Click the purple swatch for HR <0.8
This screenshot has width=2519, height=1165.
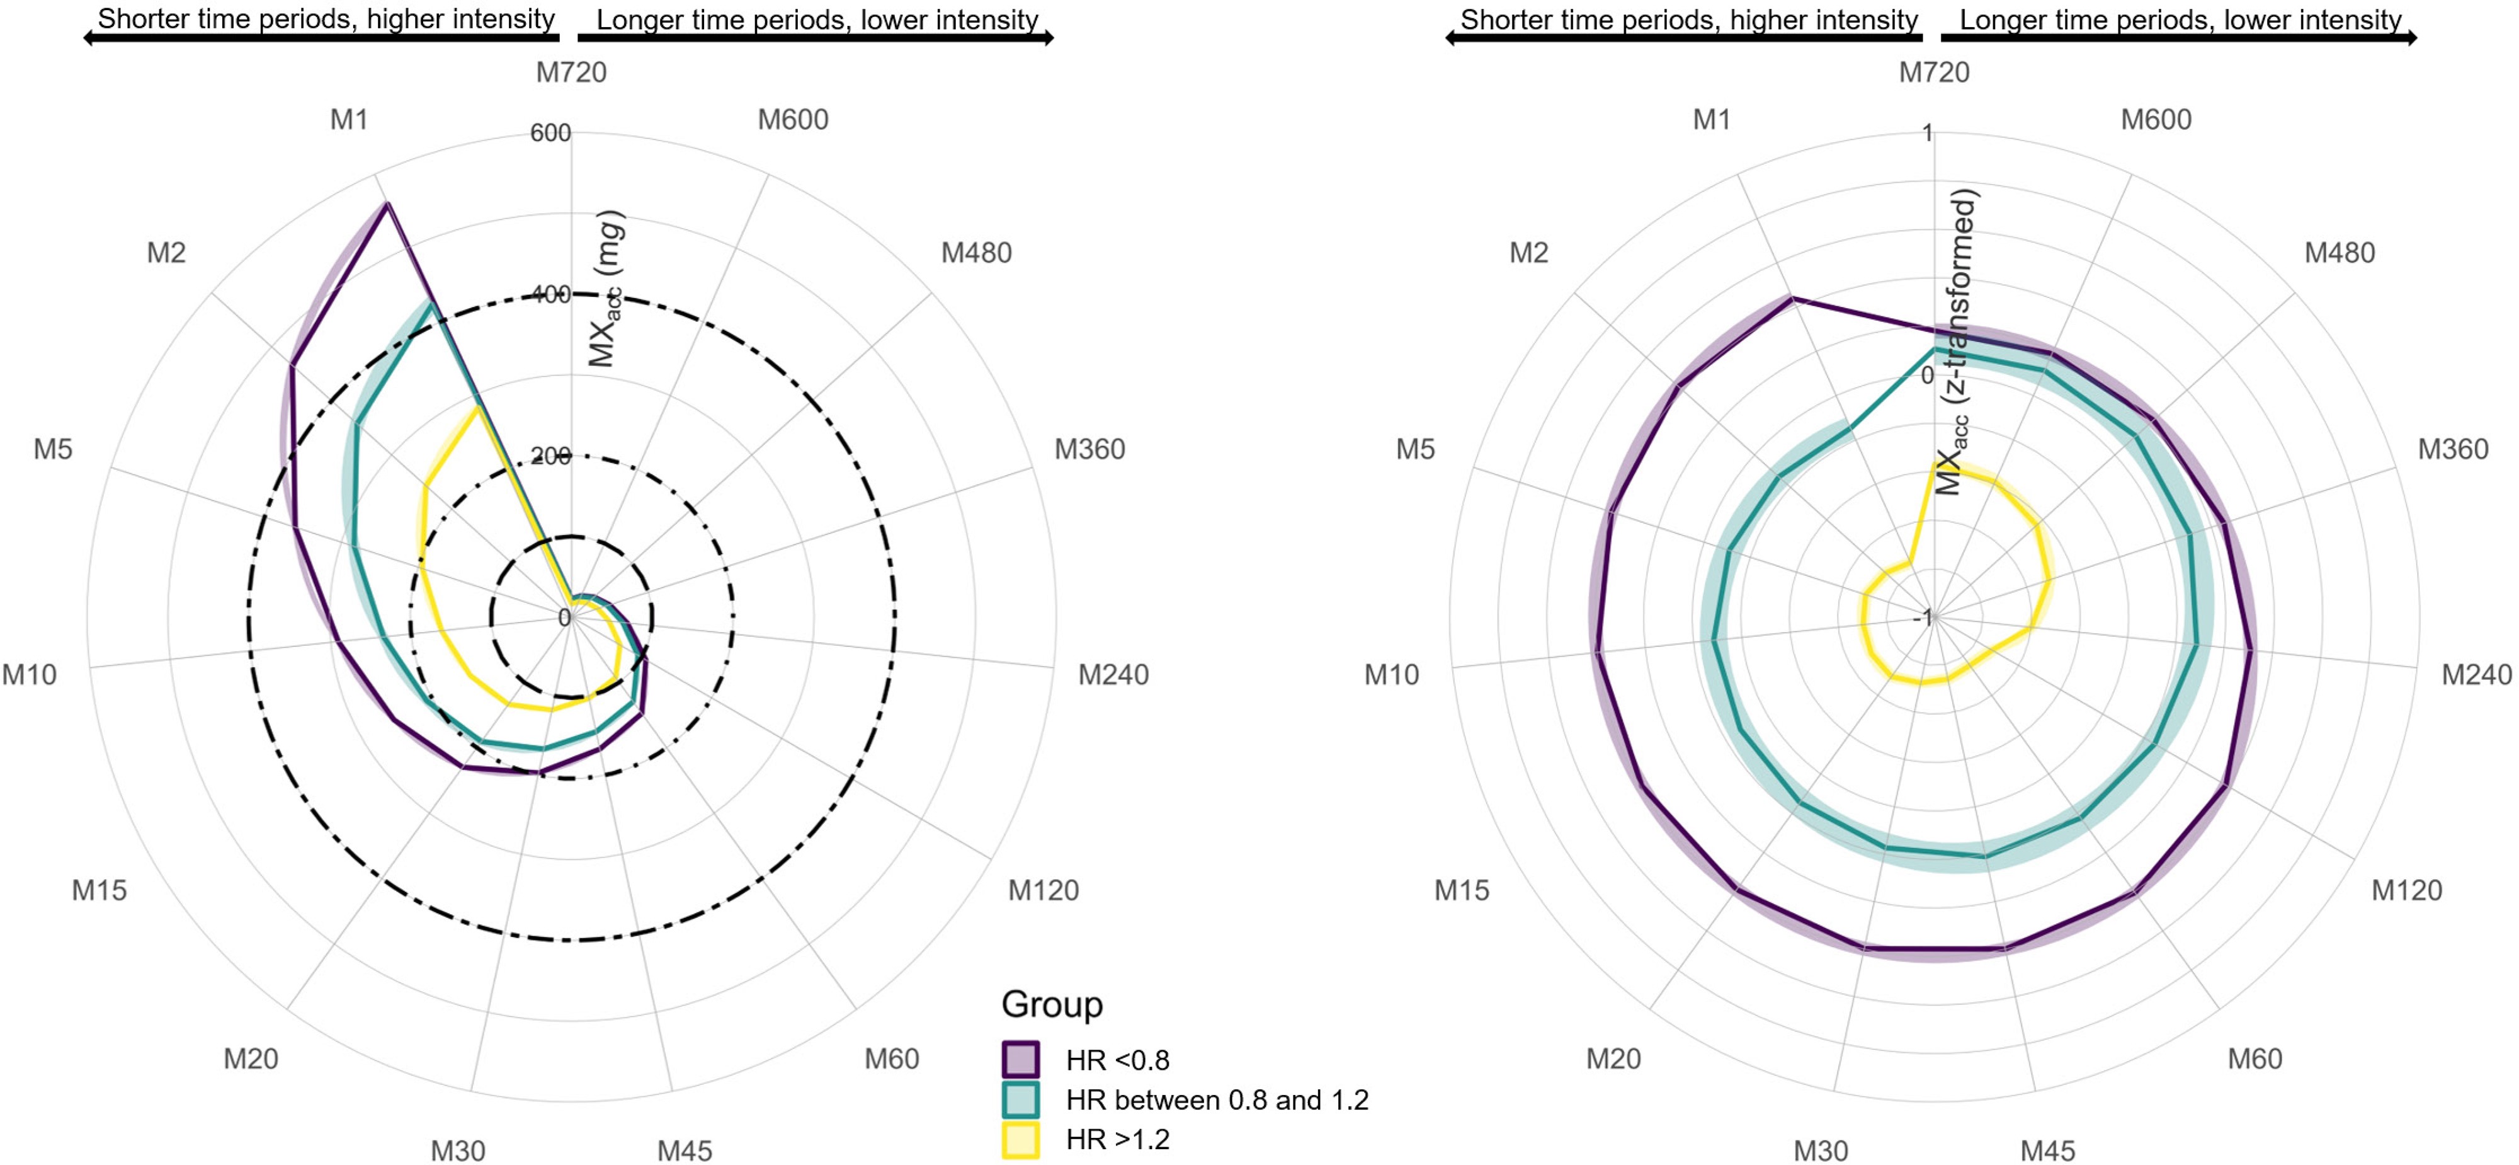point(1020,1059)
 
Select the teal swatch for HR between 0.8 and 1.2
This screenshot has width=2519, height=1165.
point(1020,1099)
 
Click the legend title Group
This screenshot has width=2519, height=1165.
point(1051,1004)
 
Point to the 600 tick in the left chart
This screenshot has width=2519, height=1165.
point(550,133)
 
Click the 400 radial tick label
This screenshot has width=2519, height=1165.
point(550,294)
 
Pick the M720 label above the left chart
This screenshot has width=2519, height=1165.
point(571,72)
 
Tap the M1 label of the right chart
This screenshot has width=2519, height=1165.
point(1711,119)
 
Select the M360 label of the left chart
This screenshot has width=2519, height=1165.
point(1089,449)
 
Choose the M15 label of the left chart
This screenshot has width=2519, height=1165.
point(99,890)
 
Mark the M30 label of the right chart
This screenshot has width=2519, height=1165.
point(1820,1151)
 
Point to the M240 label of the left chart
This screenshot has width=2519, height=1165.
point(1113,674)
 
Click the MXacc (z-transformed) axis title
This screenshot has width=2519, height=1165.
point(1958,342)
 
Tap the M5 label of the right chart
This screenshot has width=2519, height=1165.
point(1415,449)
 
